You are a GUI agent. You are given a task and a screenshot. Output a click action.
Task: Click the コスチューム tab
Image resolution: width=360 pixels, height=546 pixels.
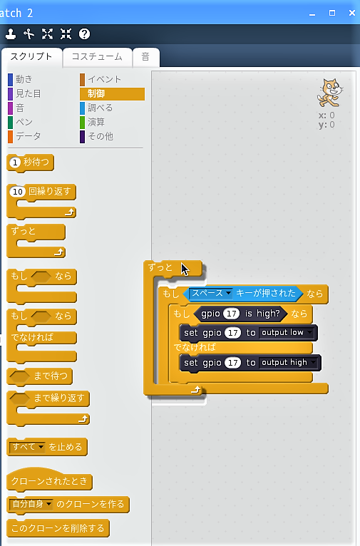point(97,57)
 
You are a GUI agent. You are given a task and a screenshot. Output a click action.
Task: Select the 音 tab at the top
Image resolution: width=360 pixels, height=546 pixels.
point(146,57)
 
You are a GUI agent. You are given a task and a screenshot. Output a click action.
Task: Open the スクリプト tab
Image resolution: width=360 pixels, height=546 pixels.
point(31,57)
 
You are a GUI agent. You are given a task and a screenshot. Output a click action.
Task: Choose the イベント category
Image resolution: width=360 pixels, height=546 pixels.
point(101,79)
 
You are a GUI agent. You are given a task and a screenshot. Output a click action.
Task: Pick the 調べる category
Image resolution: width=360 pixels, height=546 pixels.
point(96,108)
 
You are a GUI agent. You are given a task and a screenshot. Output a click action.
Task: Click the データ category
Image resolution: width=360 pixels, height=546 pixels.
point(25,136)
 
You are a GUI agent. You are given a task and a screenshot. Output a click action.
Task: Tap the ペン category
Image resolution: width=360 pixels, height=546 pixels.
point(21,122)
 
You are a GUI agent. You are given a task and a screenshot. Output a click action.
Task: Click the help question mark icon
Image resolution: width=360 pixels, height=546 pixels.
point(84,34)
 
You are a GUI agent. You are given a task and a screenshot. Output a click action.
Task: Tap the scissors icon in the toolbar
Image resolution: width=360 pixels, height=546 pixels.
point(29,34)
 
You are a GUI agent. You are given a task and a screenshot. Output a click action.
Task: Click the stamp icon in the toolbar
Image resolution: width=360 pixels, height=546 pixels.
point(11,34)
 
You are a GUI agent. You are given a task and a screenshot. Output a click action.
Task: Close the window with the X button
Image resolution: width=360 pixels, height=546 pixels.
point(351,13)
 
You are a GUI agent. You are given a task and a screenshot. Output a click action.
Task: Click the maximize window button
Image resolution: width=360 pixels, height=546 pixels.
point(332,13)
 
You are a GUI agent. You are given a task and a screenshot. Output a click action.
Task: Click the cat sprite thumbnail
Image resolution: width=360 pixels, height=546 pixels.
point(329,93)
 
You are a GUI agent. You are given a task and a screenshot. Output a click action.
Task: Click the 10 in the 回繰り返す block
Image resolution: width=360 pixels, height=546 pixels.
point(18,192)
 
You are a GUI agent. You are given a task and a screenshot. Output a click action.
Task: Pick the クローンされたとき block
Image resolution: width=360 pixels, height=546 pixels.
point(49,480)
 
